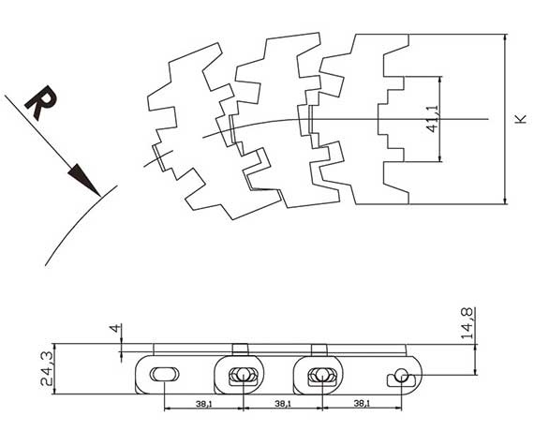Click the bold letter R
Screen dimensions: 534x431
tap(41, 102)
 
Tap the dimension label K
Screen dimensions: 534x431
tap(521, 119)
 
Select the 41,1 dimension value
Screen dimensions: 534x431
tap(433, 119)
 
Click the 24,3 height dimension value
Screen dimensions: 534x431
tap(47, 369)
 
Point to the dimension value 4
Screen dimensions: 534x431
tap(115, 329)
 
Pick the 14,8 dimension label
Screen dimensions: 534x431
tap(467, 323)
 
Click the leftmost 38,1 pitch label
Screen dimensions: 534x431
tap(203, 404)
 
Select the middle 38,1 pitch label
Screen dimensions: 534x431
tap(283, 404)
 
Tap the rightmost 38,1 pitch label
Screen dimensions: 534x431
tap(362, 404)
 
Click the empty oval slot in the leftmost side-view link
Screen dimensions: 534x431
tap(165, 375)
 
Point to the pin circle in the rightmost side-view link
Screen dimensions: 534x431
tap(402, 376)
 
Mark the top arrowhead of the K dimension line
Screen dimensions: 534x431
tap(505, 38)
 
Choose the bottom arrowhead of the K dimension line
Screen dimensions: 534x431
tap(505, 200)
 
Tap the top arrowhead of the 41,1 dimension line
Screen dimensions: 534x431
tap(440, 80)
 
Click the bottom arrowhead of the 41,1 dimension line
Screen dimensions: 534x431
tap(440, 157)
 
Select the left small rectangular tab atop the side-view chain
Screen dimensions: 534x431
tap(241, 349)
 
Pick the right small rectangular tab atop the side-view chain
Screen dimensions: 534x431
tap(319, 349)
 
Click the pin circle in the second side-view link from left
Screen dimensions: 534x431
tap(244, 375)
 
